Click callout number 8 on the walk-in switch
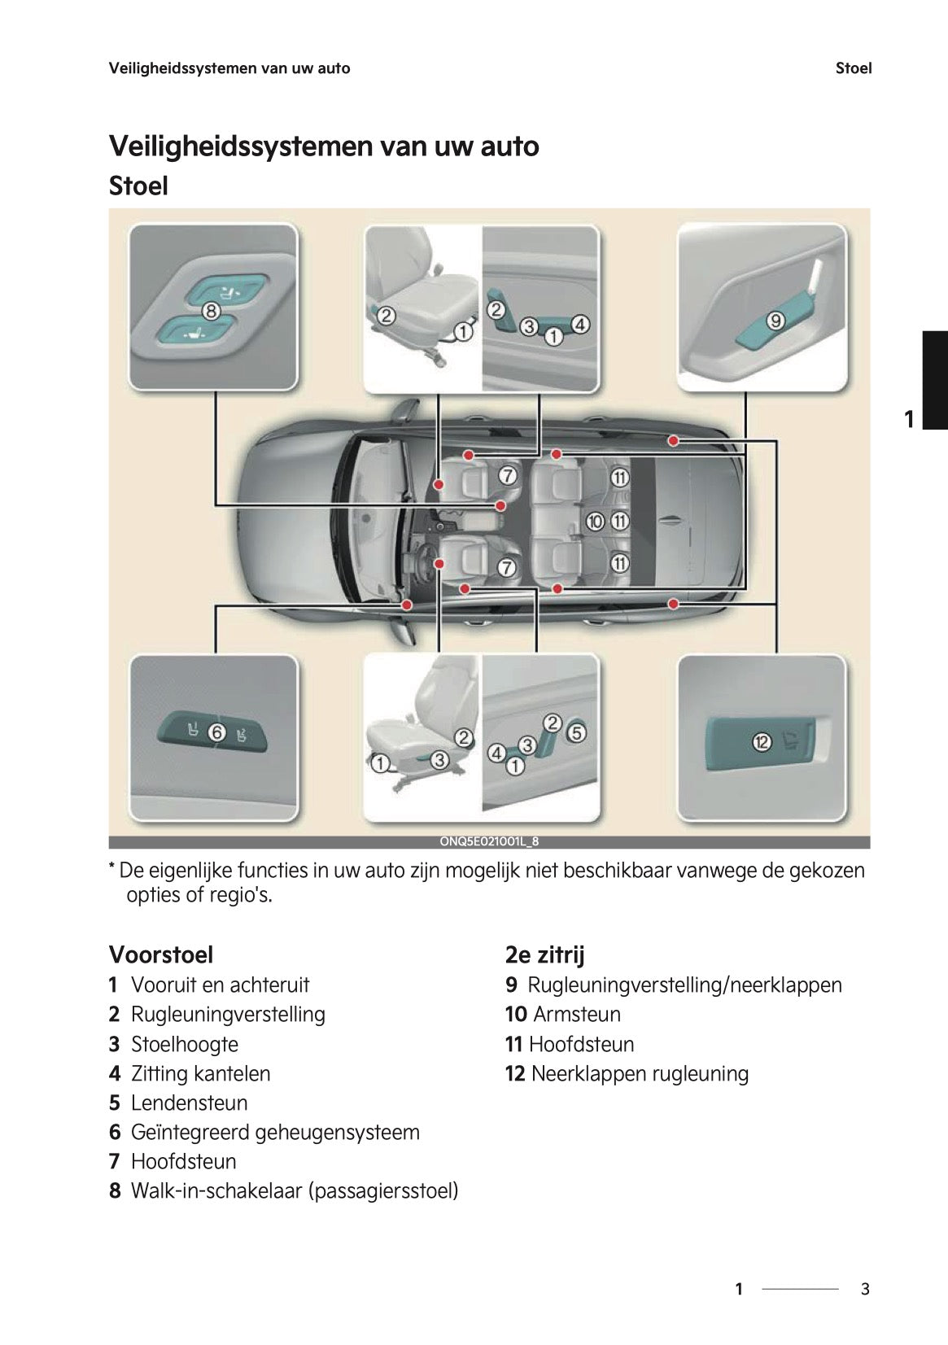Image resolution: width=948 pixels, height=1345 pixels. [210, 311]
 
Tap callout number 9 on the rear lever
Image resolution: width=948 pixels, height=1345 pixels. [775, 321]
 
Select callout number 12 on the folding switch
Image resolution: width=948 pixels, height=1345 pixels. [761, 741]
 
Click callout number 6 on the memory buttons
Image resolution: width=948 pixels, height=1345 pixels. [216, 732]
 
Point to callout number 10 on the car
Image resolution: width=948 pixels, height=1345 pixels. [596, 521]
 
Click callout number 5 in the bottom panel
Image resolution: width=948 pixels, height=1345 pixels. [575, 732]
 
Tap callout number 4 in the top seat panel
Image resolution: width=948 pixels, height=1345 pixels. [579, 324]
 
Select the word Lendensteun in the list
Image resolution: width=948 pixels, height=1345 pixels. [189, 1103]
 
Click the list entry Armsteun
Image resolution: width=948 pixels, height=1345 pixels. [576, 1014]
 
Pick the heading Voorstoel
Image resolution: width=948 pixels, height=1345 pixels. [161, 954]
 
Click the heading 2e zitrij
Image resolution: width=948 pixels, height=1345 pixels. [544, 954]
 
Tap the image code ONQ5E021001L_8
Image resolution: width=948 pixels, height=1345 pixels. [489, 842]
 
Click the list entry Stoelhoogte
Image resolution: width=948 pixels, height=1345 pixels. [184, 1044]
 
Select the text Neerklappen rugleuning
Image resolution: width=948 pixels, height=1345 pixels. [639, 1073]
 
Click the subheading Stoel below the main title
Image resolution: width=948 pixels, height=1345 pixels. [138, 186]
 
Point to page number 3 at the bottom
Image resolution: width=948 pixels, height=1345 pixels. [865, 1289]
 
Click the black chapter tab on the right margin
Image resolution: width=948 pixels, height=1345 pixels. [934, 379]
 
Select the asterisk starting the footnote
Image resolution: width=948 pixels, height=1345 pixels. [112, 868]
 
